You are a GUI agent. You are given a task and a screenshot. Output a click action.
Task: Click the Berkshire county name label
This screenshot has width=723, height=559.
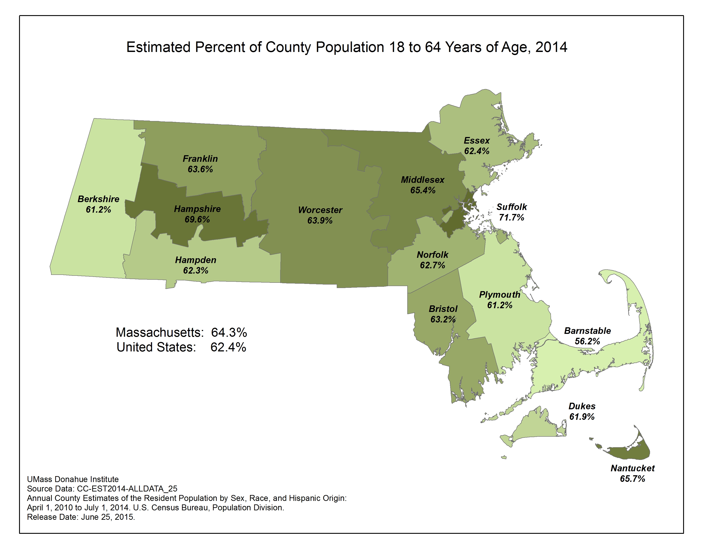98,199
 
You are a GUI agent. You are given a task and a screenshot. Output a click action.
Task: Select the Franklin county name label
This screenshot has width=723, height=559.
200,159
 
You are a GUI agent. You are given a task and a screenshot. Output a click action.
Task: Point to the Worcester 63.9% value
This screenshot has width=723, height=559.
320,221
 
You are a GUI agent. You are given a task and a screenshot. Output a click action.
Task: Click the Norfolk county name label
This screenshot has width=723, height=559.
432,255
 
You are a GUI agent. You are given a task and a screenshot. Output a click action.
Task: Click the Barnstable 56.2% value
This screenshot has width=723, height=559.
587,341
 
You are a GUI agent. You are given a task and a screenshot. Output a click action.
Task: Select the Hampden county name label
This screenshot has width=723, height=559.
196,260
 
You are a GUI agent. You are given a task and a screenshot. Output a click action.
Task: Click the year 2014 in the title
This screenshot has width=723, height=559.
551,47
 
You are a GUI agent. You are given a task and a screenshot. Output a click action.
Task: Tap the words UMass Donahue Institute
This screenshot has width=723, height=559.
73,479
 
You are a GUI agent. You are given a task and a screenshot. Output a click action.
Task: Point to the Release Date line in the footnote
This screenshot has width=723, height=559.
81,517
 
